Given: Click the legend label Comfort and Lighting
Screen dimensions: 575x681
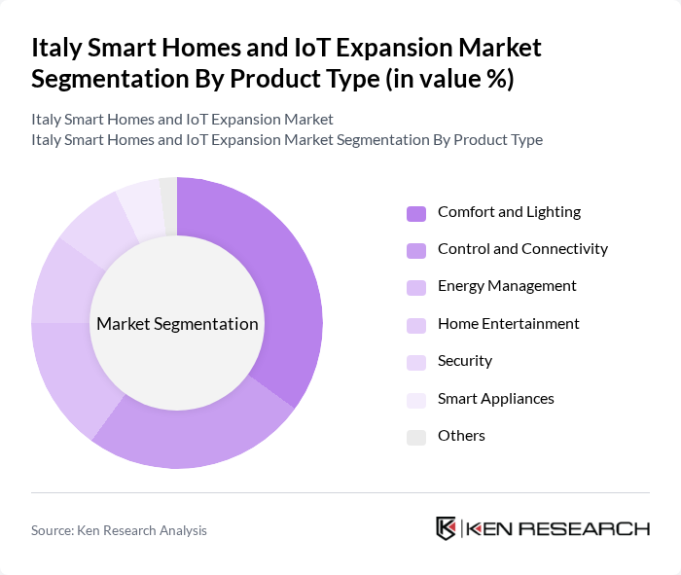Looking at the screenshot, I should tap(509, 211).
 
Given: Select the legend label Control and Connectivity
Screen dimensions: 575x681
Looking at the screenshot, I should tap(522, 248).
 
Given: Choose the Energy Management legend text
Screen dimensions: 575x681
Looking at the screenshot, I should tap(507, 285).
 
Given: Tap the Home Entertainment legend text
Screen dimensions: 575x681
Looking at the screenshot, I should tap(508, 323).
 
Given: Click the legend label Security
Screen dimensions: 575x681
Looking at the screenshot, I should tap(465, 360).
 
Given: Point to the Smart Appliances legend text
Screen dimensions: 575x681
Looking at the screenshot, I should tap(495, 398).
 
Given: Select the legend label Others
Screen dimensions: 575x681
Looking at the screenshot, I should tap(461, 435).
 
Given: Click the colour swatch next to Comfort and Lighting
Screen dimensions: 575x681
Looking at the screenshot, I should tap(416, 212).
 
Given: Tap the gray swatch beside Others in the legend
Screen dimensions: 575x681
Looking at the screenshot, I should tap(416, 436).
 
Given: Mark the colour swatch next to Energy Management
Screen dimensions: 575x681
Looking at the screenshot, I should tap(416, 287).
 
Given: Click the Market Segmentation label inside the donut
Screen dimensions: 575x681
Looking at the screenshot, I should tap(177, 324).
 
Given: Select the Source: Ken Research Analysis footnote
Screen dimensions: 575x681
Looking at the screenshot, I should tap(119, 530).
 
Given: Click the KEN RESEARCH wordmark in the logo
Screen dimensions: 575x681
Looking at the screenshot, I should tap(558, 528).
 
